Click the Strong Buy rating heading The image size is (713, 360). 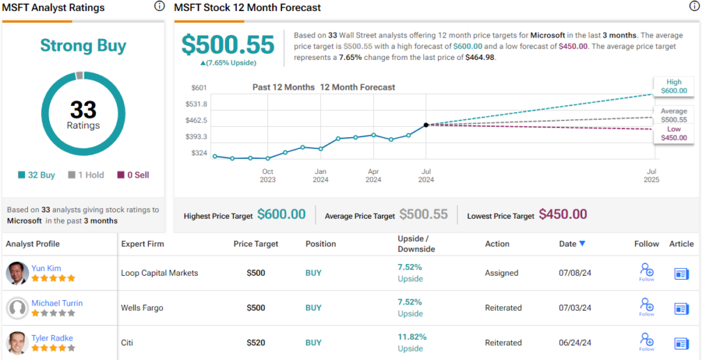pyautogui.click(x=83, y=46)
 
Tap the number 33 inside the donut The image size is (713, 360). pyautogui.click(x=83, y=109)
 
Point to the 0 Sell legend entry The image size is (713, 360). pyautogui.click(x=133, y=175)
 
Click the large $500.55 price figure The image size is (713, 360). pyautogui.click(x=228, y=45)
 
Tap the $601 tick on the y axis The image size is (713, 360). pyautogui.click(x=198, y=88)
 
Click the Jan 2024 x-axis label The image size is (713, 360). pyautogui.click(x=320, y=175)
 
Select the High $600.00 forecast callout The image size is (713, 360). pyautogui.click(x=673, y=86)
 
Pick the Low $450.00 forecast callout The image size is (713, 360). pyautogui.click(x=673, y=133)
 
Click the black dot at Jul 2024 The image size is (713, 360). pyautogui.click(x=426, y=125)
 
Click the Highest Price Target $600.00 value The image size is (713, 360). pyautogui.click(x=281, y=214)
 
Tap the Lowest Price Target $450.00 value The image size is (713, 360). pyautogui.click(x=563, y=214)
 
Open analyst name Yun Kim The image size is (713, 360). pyautogui.click(x=46, y=268)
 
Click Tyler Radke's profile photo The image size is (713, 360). pyautogui.click(x=17, y=343)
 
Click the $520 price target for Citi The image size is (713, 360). pyautogui.click(x=256, y=343)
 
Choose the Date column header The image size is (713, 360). pyautogui.click(x=572, y=244)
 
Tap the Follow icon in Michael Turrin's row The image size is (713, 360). pyautogui.click(x=647, y=306)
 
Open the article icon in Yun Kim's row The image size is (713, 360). pyautogui.click(x=681, y=274)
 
